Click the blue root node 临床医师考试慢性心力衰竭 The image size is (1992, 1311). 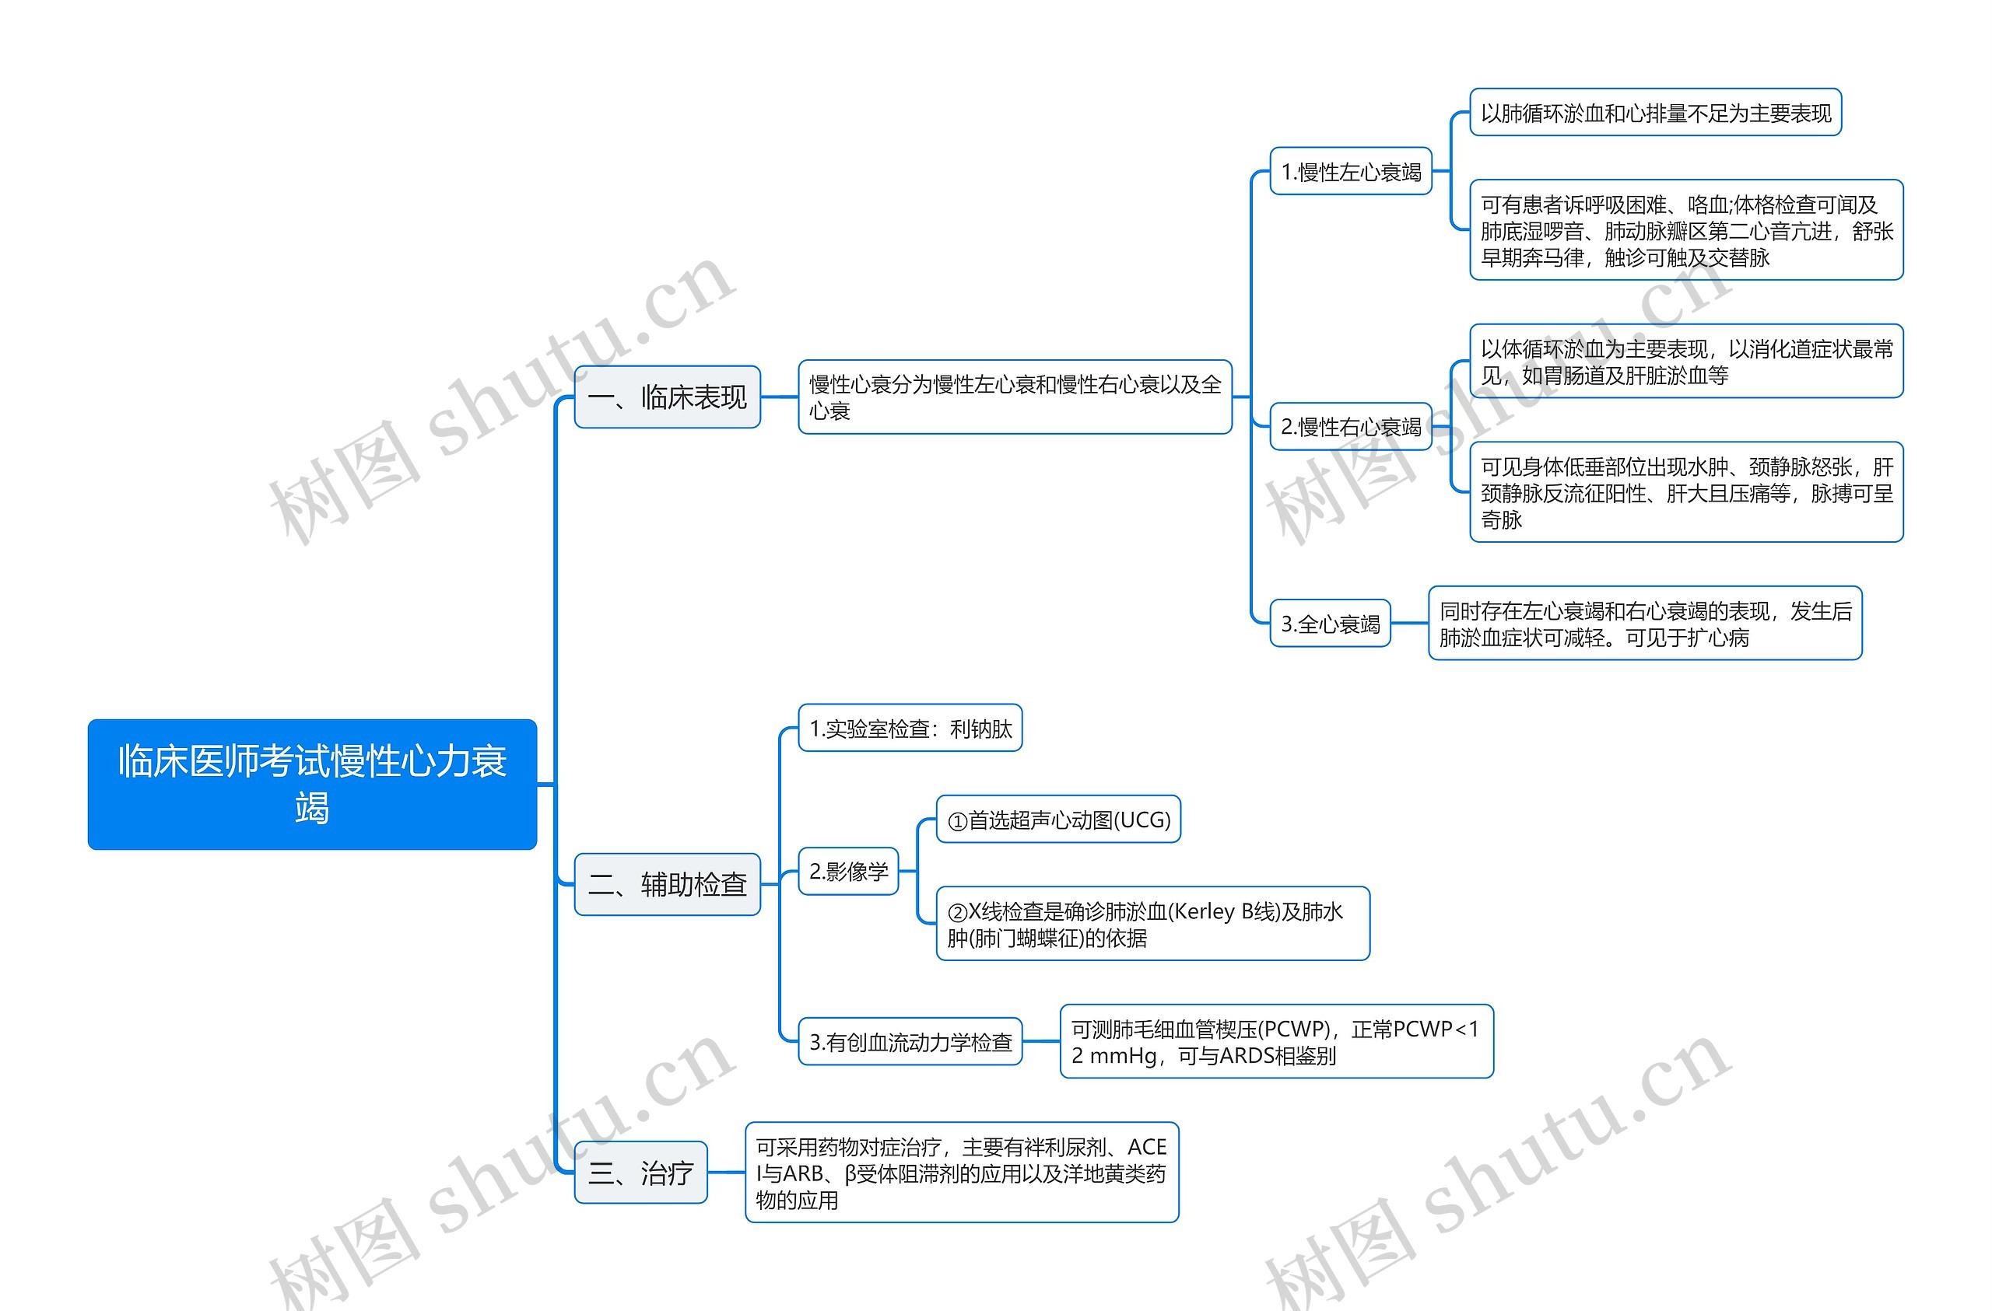coord(311,784)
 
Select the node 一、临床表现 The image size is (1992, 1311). coord(667,397)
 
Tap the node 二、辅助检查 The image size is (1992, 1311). coord(667,883)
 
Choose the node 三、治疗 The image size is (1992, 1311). coord(640,1172)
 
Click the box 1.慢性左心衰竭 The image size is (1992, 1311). coord(1350,172)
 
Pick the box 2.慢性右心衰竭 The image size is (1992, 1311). coord(1350,427)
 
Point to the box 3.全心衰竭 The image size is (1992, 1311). coord(1329,624)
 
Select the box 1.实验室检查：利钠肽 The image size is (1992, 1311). coord(910,728)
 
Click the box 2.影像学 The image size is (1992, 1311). coord(848,872)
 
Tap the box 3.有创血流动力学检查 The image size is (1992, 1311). coord(910,1042)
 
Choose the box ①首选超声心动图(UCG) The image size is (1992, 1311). coord(1058,819)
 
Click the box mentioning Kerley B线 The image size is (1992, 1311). coord(1152,924)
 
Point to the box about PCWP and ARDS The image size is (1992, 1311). coord(1275,1042)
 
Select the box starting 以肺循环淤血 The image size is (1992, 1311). coord(1655,112)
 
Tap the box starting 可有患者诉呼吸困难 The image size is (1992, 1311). coord(1685,230)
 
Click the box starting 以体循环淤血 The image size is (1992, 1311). coord(1685,362)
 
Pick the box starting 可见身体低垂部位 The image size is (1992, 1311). coord(1685,492)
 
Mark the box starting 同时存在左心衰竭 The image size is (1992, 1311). coord(1645,624)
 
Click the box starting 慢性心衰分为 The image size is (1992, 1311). coord(1015,397)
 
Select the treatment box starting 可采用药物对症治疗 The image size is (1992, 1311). coord(961,1172)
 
